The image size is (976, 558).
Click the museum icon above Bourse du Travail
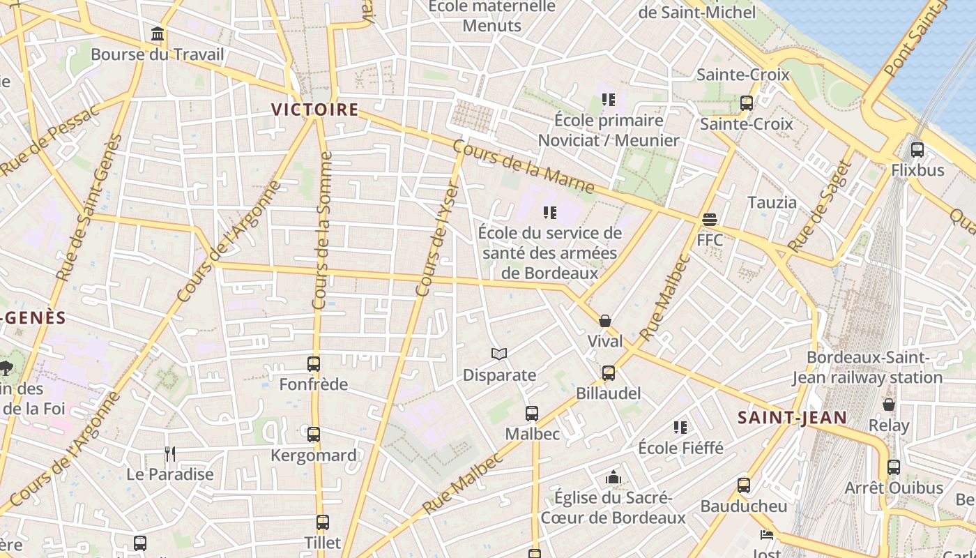point(158,33)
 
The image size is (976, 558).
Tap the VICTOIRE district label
point(314,110)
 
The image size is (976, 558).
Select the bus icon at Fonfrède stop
point(314,363)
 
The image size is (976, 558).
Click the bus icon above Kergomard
point(314,435)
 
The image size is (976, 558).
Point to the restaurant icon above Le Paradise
point(170,454)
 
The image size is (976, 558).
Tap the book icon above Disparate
point(499,354)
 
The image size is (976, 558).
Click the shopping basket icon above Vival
point(605,321)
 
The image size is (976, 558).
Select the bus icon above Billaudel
point(609,373)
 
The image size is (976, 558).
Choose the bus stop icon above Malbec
point(532,414)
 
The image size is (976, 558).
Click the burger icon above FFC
point(710,220)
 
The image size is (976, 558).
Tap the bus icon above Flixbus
point(917,149)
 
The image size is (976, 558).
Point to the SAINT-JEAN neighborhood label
point(793,418)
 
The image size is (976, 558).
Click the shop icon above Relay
point(889,405)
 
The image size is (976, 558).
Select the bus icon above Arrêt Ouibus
point(894,467)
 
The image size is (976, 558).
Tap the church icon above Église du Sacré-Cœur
point(613,477)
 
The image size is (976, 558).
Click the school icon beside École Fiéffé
point(680,427)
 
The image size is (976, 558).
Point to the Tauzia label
point(772,202)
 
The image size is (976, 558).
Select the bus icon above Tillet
point(322,522)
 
